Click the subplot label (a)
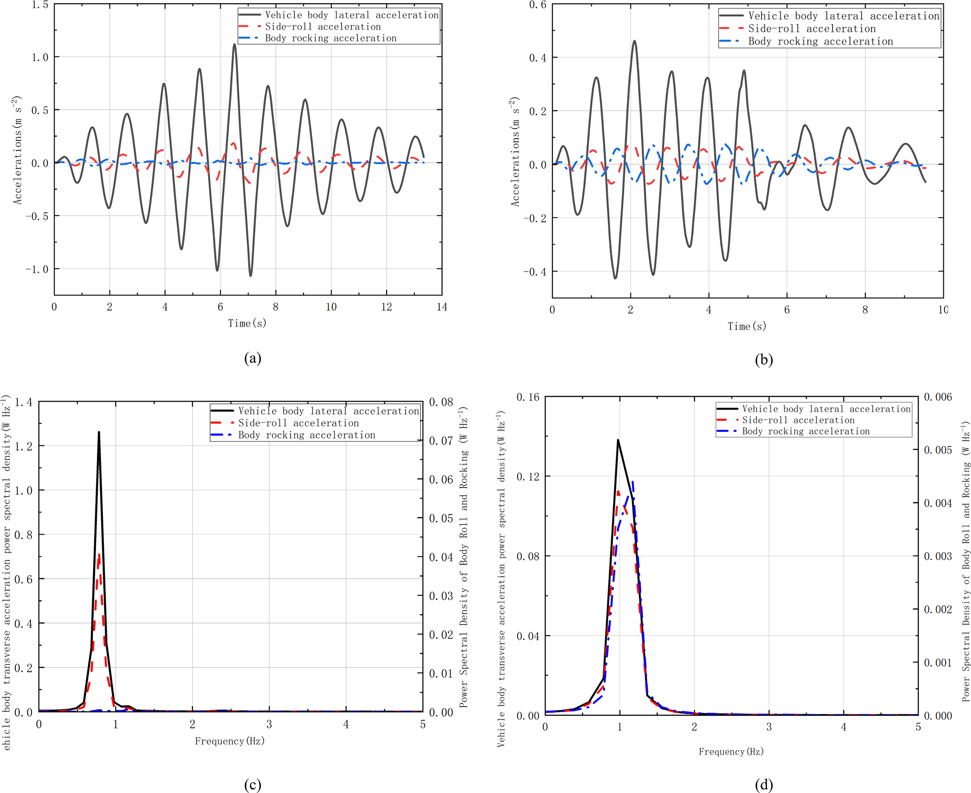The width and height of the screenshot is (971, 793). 253,359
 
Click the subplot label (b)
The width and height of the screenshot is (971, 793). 764,360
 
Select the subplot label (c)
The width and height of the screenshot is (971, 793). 253,785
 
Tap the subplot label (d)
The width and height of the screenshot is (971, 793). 764,785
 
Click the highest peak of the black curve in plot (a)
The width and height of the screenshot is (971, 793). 234,45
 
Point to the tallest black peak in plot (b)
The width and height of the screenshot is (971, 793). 634,41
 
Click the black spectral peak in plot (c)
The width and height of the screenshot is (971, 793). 99,433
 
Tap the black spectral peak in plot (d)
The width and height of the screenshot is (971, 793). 618,440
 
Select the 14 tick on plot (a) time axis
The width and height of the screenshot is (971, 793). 442,307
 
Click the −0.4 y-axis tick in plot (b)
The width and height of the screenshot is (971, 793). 535,272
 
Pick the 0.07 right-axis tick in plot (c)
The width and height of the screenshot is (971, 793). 441,441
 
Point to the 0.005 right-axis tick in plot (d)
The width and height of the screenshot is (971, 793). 938,450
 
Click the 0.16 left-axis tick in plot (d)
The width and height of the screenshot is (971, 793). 528,397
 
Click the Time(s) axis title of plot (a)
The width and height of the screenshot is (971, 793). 247,323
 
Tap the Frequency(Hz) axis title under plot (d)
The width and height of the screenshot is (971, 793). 731,752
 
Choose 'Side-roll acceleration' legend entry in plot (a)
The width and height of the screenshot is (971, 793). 323,27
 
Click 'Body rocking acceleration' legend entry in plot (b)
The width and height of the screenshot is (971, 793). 820,41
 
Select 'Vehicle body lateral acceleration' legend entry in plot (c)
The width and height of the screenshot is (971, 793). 328,411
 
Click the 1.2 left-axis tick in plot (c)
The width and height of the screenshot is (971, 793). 23,446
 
